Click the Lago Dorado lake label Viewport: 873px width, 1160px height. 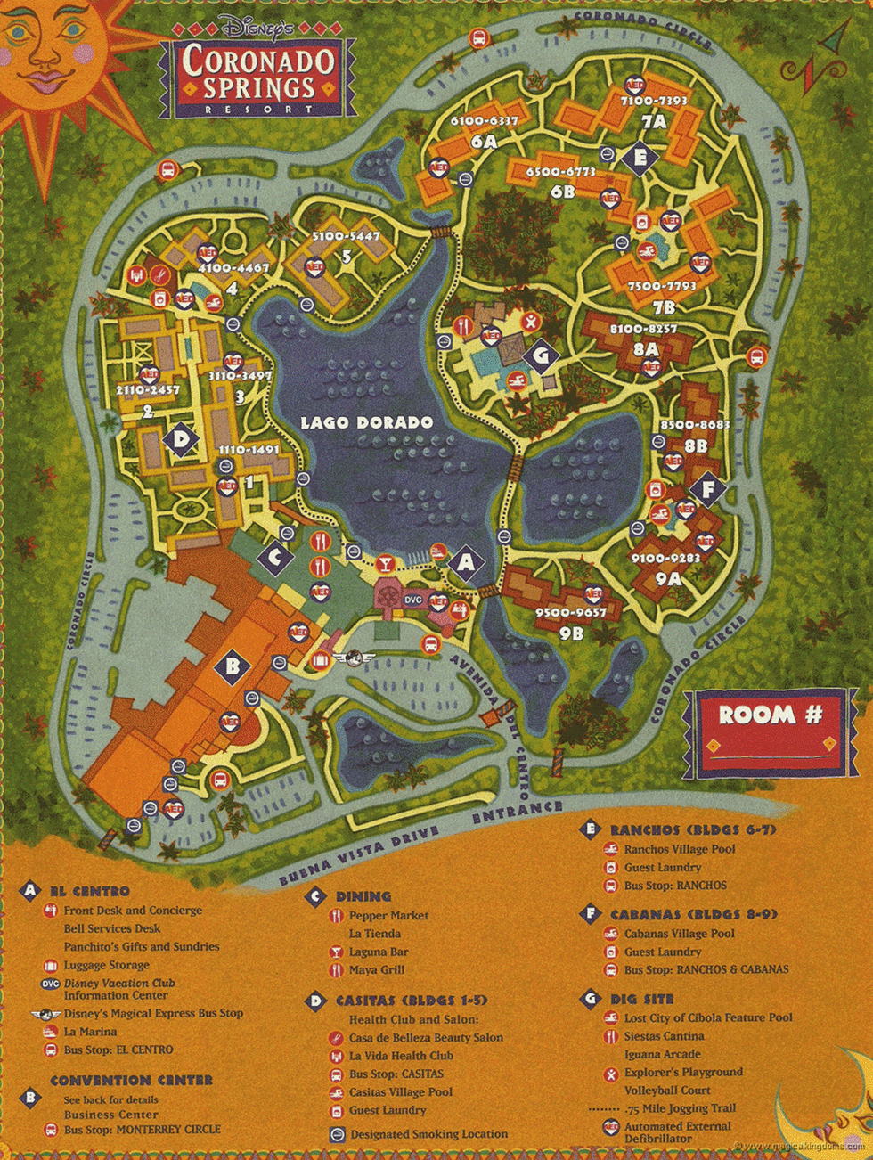pos(366,422)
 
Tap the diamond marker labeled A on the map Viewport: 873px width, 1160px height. pos(465,563)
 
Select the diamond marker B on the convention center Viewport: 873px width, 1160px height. pos(232,665)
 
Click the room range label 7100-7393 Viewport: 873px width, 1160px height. pos(653,102)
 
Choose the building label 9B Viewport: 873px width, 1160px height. pos(571,633)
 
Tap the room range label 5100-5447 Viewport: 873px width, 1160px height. pos(346,237)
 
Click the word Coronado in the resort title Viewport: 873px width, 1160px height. pos(258,61)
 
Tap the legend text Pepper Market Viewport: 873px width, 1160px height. pos(388,916)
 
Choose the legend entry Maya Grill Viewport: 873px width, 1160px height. pos(377,970)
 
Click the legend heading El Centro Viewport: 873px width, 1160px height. pos(89,891)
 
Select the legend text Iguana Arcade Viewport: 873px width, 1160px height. pos(663,1055)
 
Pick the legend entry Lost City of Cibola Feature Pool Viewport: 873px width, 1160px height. pos(707,1017)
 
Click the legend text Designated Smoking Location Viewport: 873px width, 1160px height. pos(428,1134)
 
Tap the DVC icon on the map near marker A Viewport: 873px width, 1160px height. pos(413,600)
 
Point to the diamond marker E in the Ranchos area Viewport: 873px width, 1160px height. pos(639,159)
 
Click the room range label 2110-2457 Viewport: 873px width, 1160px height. pos(147,390)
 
